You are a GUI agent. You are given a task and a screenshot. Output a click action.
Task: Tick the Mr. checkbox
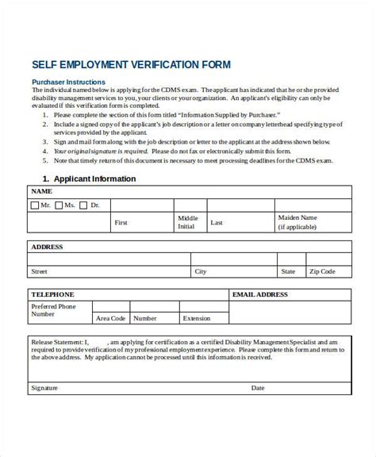[35, 205]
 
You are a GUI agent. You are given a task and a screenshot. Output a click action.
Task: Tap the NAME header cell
[41, 192]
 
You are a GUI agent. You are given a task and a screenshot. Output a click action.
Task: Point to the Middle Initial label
[188, 221]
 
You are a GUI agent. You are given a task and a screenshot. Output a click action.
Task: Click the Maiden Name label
[297, 221]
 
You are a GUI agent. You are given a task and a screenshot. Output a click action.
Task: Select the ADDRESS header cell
[47, 247]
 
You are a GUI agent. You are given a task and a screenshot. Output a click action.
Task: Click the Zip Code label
[322, 271]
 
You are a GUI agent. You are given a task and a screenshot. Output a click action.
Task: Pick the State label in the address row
[287, 271]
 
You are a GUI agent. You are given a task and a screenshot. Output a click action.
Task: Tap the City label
[200, 271]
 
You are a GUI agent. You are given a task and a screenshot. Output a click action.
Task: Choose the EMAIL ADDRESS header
[259, 295]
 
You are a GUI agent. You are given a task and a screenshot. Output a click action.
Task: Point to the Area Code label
[110, 318]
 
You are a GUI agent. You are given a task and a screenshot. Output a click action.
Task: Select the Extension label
[197, 318]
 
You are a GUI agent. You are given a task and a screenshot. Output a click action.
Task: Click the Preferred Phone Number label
[54, 310]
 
